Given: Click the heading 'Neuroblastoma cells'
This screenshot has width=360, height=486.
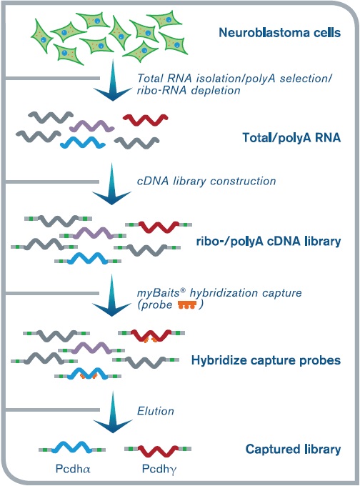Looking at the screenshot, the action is [279, 33].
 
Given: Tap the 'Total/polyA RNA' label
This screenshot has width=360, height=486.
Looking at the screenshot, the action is [291, 138].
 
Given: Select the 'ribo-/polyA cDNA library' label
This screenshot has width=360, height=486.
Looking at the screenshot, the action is [269, 241].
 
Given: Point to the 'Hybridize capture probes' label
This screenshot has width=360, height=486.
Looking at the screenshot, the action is [266, 360].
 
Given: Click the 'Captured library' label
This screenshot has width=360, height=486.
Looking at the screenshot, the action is [293, 449].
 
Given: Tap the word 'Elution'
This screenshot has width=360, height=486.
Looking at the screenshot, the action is [156, 411].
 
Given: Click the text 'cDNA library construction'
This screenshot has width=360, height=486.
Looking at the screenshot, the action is [206, 181].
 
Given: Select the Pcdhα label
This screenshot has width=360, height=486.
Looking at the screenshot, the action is [73, 469].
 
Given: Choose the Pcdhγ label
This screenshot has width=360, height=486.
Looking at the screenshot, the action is [159, 470].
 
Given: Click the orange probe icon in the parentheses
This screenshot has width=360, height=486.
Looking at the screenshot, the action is [187, 305].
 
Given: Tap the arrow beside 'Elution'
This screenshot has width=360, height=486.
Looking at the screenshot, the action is [113, 412].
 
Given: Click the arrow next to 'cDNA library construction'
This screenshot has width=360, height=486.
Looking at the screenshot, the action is [111, 184].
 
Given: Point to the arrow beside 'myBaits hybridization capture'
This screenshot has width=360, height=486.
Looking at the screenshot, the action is [111, 295].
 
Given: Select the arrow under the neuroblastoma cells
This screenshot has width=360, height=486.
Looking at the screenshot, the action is [113, 80].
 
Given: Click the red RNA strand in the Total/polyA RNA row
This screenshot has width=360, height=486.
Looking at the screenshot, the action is [145, 119].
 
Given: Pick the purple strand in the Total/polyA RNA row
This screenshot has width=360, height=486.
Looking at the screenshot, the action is [91, 127].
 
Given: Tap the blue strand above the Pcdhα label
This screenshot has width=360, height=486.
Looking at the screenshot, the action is [72, 448].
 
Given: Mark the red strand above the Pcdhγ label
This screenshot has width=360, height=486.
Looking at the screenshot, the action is [158, 451].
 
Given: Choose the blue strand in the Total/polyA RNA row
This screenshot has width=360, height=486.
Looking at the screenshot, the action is [83, 142].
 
